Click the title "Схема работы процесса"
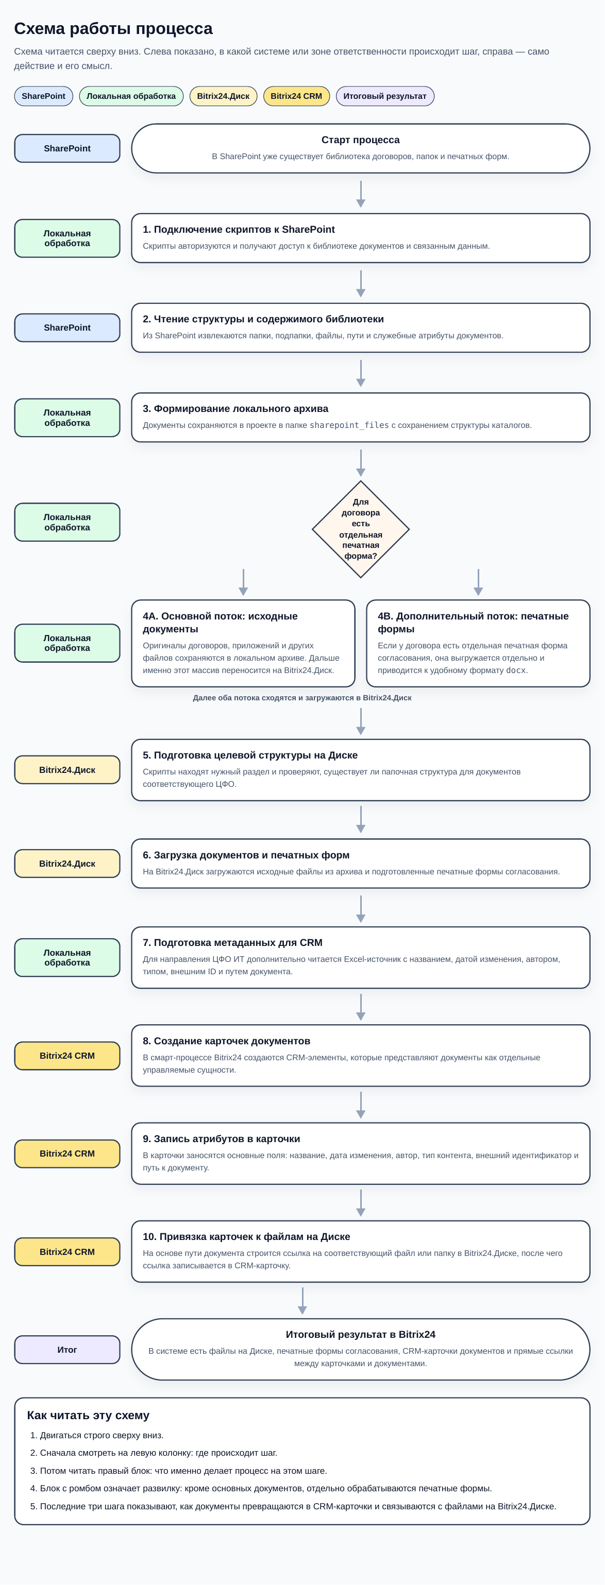coord(113,28)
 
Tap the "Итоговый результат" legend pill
coord(384,96)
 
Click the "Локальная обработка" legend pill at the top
coord(131,96)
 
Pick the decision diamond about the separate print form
coord(361,529)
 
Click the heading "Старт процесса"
coord(361,140)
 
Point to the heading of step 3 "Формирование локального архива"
coord(236,408)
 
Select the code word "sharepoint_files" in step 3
coord(349,425)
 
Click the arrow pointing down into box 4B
coord(478,582)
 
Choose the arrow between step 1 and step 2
coord(361,284)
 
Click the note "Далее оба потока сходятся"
coord(302,698)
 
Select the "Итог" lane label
coord(67,1349)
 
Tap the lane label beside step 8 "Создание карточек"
coord(67,1055)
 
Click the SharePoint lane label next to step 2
coord(67,328)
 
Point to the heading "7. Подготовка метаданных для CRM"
coord(232,943)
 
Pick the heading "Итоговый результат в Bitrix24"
coord(361,1334)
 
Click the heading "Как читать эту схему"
coord(88,1415)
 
